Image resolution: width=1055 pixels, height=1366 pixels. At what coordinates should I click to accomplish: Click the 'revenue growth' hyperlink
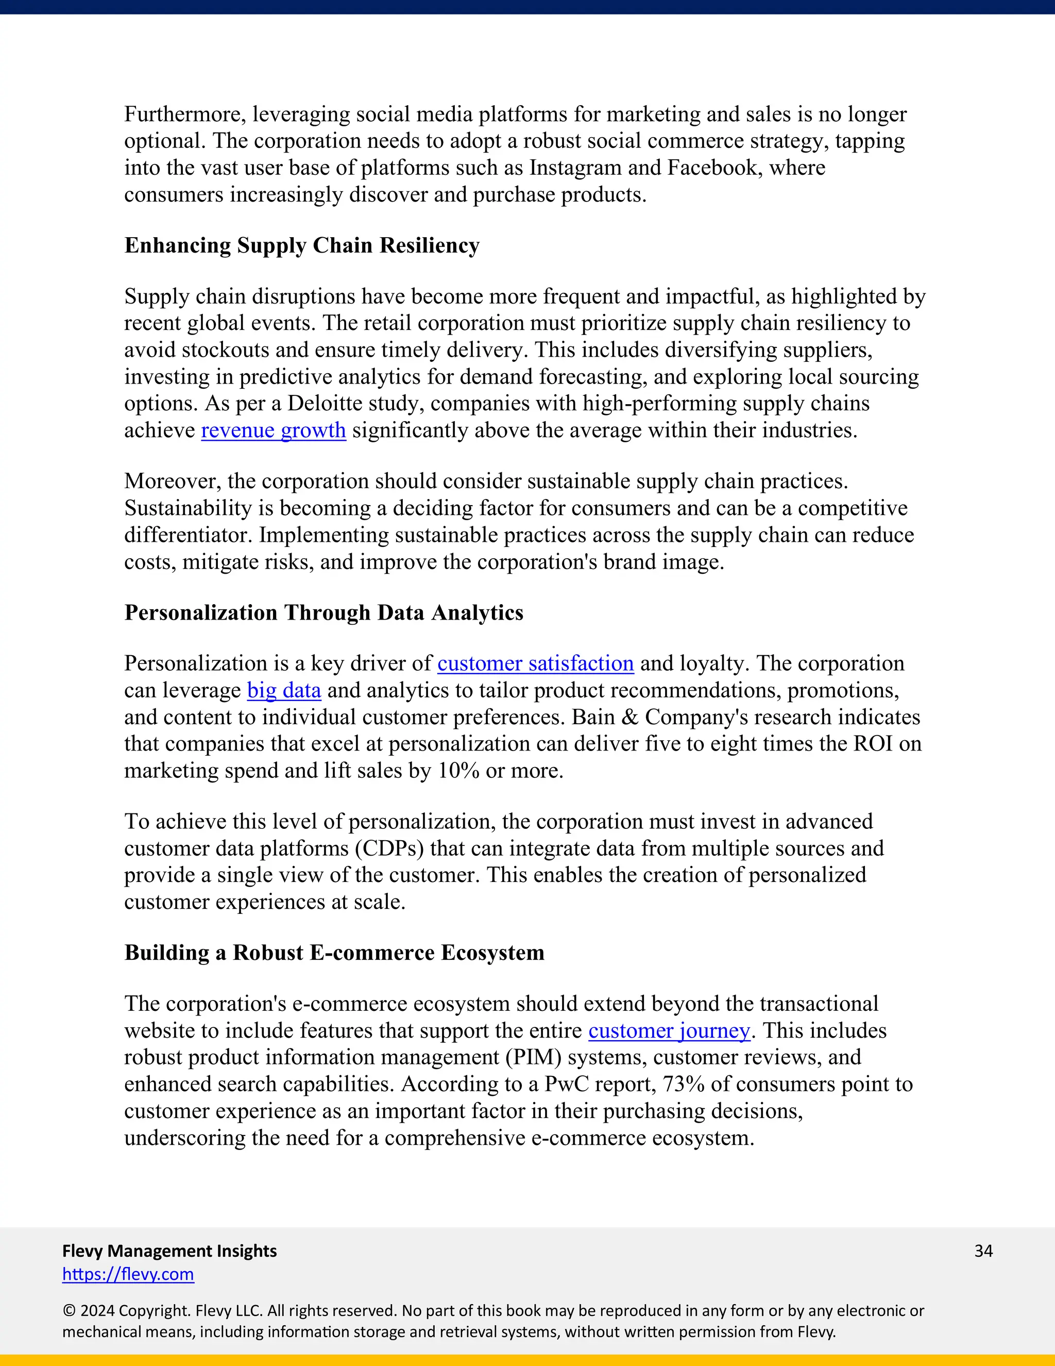coord(273,430)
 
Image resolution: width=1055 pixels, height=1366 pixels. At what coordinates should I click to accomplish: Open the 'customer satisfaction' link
coord(535,663)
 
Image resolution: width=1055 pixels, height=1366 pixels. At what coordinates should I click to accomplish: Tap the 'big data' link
coord(284,690)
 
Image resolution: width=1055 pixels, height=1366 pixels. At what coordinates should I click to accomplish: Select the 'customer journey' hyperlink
coord(669,1030)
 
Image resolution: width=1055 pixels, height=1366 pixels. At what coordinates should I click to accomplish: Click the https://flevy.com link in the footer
coord(128,1274)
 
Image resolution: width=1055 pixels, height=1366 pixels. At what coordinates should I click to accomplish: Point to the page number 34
coord(983,1251)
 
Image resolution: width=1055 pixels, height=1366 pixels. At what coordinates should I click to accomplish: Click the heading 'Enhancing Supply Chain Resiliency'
coord(302,245)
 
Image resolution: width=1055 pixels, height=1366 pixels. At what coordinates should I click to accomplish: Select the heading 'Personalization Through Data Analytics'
coord(324,612)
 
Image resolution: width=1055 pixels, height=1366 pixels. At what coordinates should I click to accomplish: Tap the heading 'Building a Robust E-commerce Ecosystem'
coord(334,953)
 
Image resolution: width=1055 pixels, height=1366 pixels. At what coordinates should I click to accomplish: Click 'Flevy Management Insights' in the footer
coord(169,1251)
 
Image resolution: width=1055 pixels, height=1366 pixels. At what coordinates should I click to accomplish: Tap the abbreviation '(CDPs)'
coord(389,848)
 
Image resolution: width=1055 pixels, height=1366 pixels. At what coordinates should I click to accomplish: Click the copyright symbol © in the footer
coord(69,1311)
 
